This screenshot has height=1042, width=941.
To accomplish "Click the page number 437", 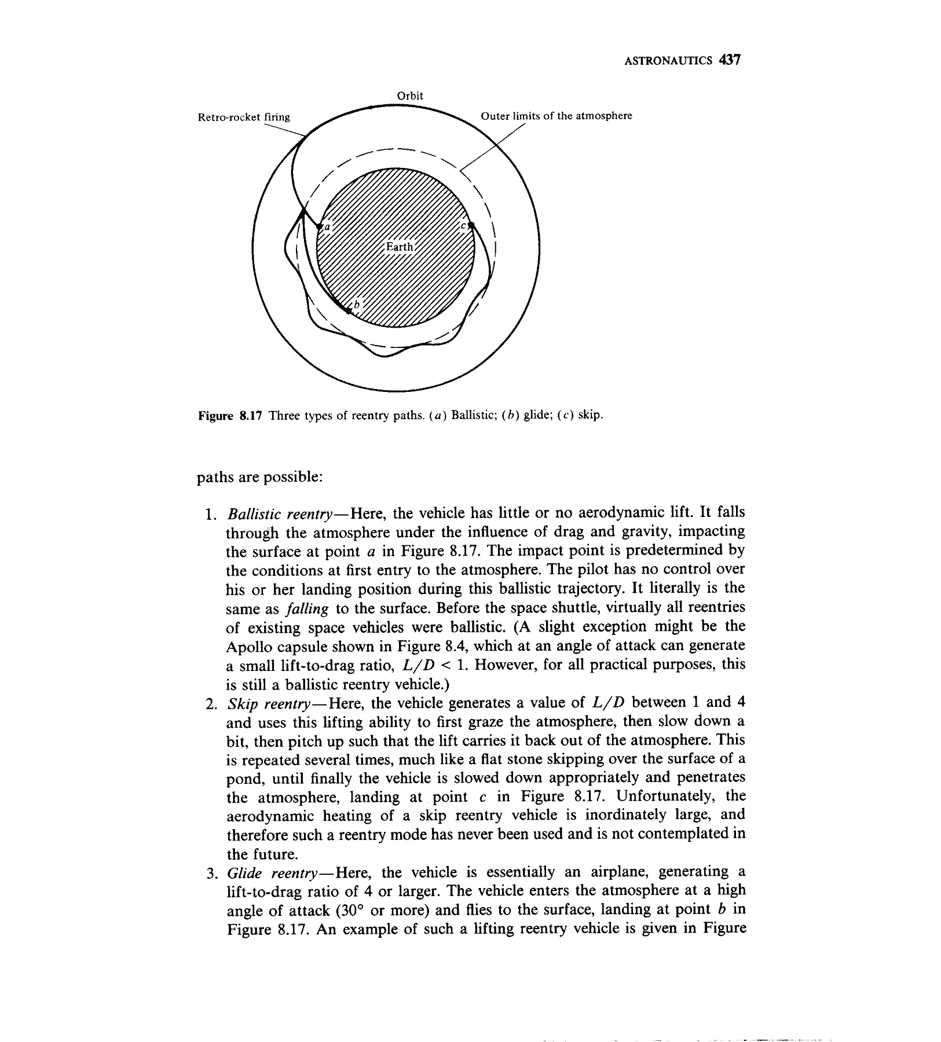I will click(729, 60).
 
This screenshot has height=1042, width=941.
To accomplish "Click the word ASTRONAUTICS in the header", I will click(669, 61).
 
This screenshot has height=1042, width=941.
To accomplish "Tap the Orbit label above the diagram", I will click(410, 96).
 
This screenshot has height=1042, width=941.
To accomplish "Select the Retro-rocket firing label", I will click(244, 118).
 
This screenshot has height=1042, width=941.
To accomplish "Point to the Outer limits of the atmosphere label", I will click(556, 116).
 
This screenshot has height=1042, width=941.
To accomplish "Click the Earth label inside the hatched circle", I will click(400, 247).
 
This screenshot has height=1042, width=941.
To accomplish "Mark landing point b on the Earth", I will click(349, 311).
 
